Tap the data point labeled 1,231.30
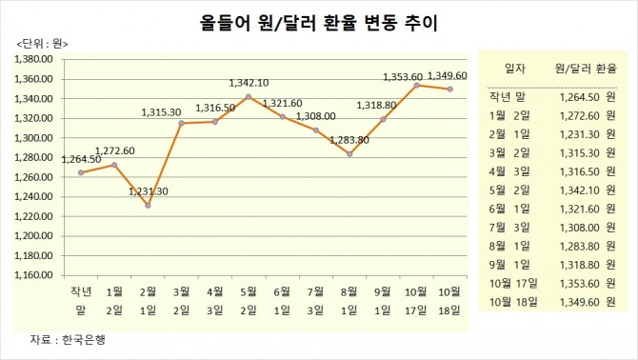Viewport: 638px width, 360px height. (x=149, y=205)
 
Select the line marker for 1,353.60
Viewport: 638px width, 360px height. (x=416, y=85)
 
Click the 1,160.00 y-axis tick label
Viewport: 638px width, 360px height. (x=34, y=275)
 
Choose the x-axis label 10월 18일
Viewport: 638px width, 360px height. (x=449, y=298)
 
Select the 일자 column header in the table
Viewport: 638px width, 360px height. (x=515, y=69)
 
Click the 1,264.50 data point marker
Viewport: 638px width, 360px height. (x=81, y=172)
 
